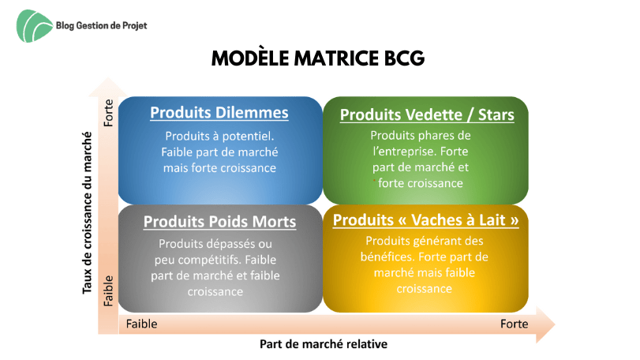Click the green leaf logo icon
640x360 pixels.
pos(34,26)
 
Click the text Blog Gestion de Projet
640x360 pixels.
pos(101,26)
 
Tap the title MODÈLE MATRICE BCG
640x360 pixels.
pos(318,58)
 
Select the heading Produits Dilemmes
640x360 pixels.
pos(219,113)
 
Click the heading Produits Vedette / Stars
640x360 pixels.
pos(427,114)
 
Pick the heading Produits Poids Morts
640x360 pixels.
pos(219,222)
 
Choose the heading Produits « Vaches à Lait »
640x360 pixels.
pos(425,220)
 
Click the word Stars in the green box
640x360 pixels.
pos(496,114)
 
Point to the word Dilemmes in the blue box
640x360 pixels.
pos(252,113)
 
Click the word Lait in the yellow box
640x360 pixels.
pos(492,220)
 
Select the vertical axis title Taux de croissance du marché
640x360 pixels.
pos(87,212)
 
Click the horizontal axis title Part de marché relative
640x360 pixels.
pos(324,344)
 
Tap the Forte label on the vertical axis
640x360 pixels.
pos(108,113)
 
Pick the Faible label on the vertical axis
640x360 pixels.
pos(108,291)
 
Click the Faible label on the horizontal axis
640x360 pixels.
pos(141,324)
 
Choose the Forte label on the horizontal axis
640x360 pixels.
pos(514,324)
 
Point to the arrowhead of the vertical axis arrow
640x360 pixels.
pos(108,87)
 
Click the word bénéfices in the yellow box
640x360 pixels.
pos(387,257)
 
